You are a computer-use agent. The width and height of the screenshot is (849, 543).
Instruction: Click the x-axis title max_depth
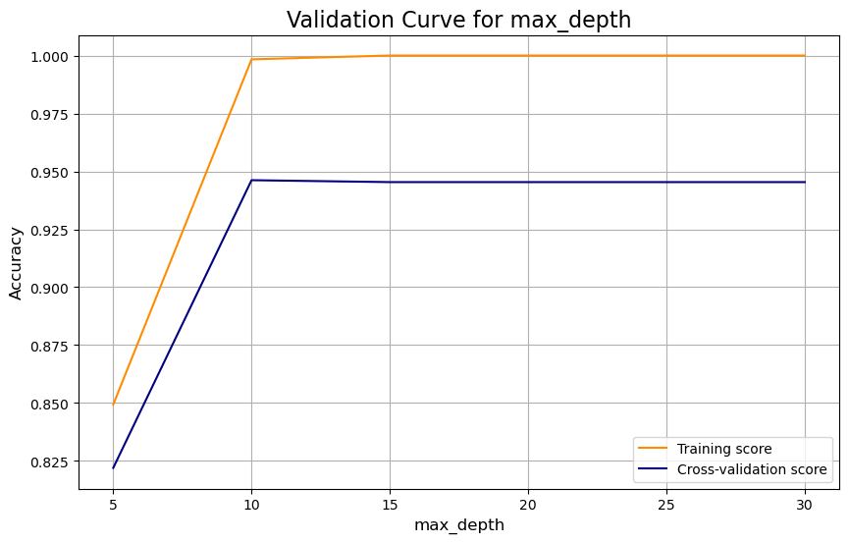[458, 525]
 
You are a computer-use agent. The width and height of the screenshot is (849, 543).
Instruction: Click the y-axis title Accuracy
[16, 263]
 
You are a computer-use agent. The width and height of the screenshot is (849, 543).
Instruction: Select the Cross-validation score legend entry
[752, 470]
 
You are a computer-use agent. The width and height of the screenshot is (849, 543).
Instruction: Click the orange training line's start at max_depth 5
[114, 405]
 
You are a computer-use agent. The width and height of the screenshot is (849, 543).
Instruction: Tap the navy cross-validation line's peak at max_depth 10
[252, 180]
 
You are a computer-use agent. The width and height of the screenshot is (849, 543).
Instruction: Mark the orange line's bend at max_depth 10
[252, 59]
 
